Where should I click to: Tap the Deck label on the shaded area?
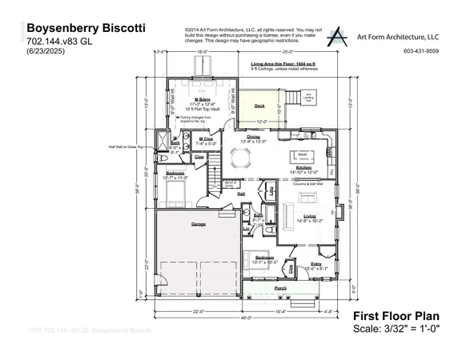(x=259, y=106)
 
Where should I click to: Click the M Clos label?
(x=206, y=139)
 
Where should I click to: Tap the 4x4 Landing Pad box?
(x=308, y=98)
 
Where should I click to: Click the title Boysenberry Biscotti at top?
(x=86, y=28)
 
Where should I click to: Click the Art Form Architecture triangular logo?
(x=339, y=36)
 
